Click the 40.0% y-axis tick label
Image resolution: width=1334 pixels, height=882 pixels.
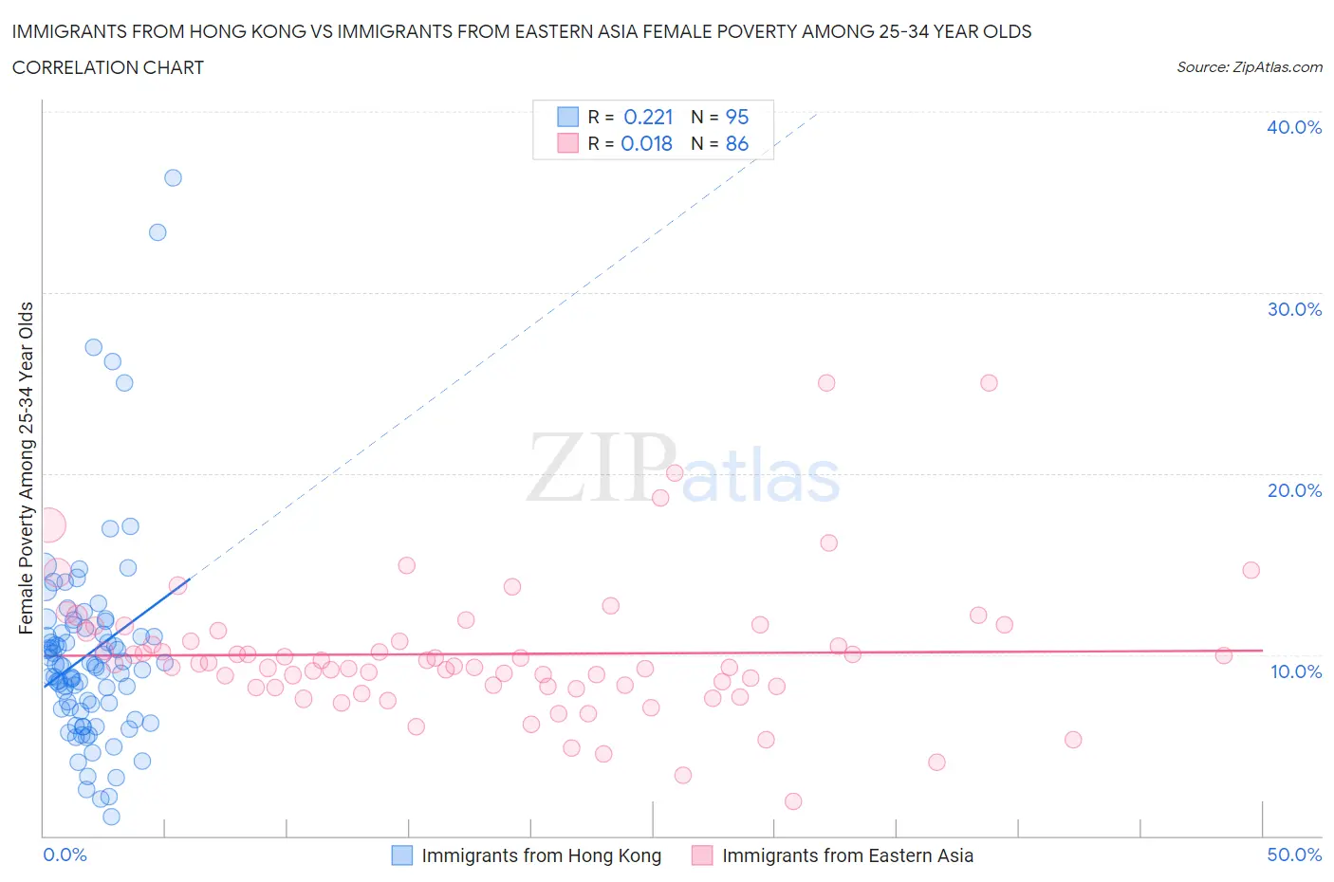coord(1293,127)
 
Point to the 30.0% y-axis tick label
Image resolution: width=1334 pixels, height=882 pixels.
coord(1293,309)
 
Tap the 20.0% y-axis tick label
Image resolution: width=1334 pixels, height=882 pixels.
coord(1293,490)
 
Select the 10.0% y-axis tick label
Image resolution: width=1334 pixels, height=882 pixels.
coord(1295,671)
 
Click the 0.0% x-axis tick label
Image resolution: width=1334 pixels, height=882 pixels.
coord(65,854)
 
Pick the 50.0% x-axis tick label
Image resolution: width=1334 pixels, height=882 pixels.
coord(1294,854)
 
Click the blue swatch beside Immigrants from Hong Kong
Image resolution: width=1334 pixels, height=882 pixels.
coord(402,855)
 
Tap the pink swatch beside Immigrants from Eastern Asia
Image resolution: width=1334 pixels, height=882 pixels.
coord(702,855)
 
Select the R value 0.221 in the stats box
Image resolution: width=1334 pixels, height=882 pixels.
coord(648,117)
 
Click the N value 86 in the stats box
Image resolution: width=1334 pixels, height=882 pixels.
coord(737,143)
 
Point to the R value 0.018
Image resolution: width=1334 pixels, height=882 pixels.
coord(646,143)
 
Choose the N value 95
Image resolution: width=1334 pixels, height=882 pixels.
coord(737,117)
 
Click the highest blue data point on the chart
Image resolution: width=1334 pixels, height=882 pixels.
coord(173,177)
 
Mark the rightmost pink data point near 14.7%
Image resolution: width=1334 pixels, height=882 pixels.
coord(1251,570)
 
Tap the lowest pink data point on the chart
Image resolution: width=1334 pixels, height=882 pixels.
coord(793,801)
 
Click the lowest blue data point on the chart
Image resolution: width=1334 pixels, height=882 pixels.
coord(111,817)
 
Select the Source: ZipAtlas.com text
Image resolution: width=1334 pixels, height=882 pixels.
coord(1249,67)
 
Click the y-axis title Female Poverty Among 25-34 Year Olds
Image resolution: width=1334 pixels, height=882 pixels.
coord(26,468)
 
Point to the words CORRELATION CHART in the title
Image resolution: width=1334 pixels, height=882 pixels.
coord(108,67)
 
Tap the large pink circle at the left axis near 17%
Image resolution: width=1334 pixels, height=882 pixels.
coord(48,524)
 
